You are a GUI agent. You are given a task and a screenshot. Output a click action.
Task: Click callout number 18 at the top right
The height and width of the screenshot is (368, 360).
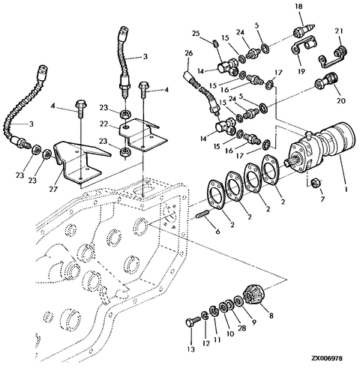coord(298,7)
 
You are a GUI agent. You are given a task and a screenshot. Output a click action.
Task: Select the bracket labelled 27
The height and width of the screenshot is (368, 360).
coord(73,164)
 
